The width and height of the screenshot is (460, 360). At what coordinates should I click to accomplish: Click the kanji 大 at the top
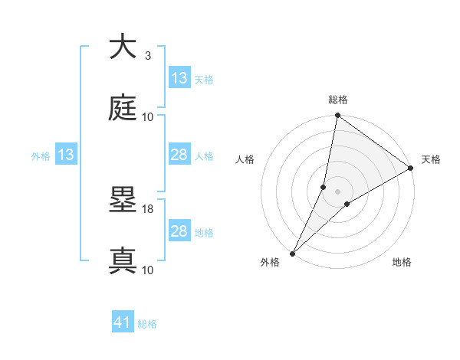(123, 47)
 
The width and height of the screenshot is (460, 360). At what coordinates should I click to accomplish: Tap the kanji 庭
(123, 109)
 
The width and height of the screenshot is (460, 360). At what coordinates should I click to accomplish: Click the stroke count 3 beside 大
(148, 56)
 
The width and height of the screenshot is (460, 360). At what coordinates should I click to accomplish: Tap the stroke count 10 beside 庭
(148, 117)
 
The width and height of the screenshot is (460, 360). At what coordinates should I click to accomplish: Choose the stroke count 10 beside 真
(148, 270)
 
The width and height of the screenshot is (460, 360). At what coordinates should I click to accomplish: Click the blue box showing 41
(123, 323)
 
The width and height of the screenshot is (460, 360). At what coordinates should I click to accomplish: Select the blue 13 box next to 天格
(179, 78)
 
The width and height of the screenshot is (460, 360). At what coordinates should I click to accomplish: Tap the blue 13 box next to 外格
(66, 155)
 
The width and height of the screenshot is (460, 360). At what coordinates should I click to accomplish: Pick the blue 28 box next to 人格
(179, 155)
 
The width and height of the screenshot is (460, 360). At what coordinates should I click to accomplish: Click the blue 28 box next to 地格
(179, 231)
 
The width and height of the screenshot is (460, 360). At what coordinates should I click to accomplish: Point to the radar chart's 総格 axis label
(338, 100)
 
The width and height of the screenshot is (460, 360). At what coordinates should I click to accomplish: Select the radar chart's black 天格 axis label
(431, 159)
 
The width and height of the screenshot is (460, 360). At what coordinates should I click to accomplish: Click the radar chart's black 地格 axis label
(402, 263)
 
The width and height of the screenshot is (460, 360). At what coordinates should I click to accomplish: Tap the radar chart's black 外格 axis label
(271, 263)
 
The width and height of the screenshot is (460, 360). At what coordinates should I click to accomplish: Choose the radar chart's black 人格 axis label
(245, 159)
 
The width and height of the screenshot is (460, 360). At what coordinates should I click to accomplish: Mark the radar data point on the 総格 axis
(338, 116)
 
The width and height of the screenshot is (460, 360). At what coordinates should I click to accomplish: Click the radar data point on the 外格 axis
(292, 253)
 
